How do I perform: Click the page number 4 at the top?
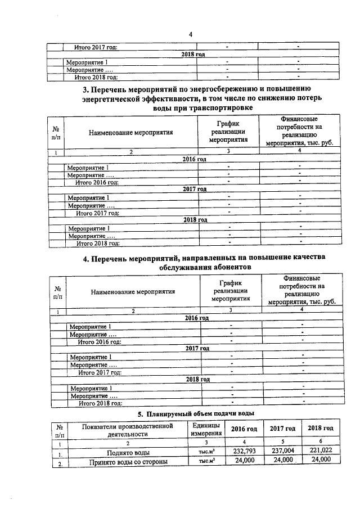(191, 35)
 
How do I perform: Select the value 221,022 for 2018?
(321, 451)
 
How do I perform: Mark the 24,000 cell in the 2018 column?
(321, 461)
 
